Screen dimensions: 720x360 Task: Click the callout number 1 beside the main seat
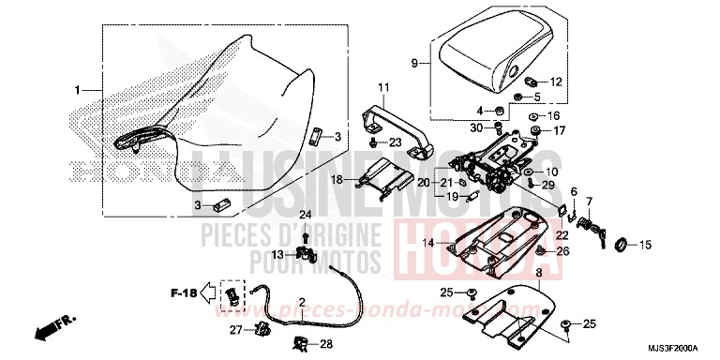[79, 90]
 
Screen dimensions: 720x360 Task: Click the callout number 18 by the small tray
[336, 177]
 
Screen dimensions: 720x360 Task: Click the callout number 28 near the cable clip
[326, 344]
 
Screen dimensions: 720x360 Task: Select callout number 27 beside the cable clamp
[234, 328]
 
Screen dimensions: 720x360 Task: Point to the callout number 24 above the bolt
[304, 216]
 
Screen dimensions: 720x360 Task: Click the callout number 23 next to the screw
[396, 142]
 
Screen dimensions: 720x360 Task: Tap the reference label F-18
[185, 293]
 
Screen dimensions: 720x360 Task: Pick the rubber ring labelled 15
[620, 246]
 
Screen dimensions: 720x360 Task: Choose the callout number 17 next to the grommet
[560, 130]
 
